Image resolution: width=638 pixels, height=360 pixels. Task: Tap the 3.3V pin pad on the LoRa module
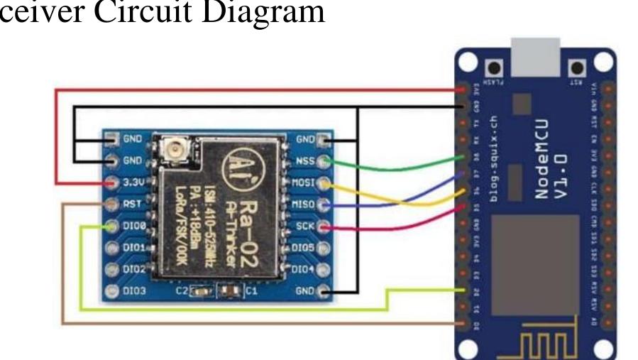[x=112, y=182]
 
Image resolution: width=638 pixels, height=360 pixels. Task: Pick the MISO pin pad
[x=324, y=205]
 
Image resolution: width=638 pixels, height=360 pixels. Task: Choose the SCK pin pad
[x=324, y=227]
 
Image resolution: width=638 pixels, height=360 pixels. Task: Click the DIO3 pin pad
[x=112, y=290]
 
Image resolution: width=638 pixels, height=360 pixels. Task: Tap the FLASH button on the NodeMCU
[x=491, y=68]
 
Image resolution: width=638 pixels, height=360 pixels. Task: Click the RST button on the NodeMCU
[x=578, y=68]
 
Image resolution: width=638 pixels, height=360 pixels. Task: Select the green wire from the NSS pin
[x=397, y=168]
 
